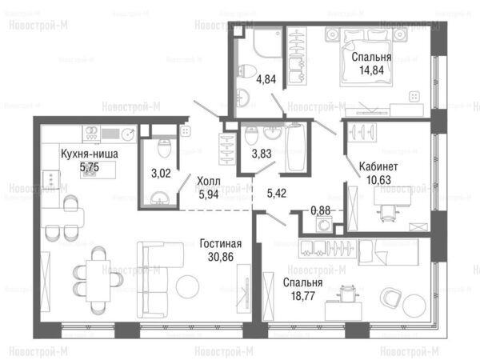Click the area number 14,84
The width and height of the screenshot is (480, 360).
[371, 70]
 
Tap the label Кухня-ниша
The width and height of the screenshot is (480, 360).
[90, 154]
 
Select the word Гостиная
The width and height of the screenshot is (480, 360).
[221, 244]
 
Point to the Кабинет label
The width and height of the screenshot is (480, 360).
[378, 166]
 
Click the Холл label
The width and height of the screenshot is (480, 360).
[209, 182]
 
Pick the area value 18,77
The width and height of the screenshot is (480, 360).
[302, 296]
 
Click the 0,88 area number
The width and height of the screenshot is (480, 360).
[321, 210]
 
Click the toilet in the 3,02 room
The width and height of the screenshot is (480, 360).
[164, 147]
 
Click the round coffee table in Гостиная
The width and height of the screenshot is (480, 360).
[187, 287]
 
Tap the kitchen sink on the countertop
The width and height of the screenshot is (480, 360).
[128, 134]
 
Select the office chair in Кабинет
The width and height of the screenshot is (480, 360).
[388, 212]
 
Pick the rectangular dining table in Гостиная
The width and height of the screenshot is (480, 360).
[98, 281]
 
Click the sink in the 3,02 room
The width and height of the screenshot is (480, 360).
[159, 198]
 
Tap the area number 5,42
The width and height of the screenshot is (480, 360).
[277, 193]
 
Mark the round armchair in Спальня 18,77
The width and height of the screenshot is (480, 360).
[390, 298]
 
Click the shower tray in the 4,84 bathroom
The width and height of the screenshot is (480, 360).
[266, 42]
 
